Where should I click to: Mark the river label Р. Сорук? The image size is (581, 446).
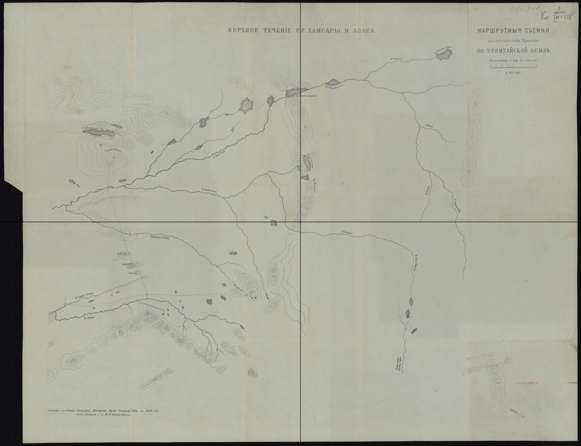pyautogui.click(x=347, y=233)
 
